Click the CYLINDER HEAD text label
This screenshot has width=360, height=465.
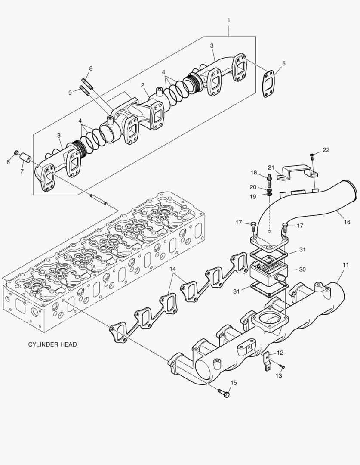[x=52, y=344]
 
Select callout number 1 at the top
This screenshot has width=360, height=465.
[x=229, y=20]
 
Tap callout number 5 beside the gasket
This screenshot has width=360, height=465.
[x=283, y=64]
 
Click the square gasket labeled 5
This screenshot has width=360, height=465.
[x=270, y=81]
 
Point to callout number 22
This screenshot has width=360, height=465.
[x=326, y=150]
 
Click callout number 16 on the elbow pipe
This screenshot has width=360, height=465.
[x=347, y=222]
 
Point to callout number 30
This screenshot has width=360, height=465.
[x=302, y=269]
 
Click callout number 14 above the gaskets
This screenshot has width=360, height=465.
[x=173, y=269]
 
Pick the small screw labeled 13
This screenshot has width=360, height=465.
[x=282, y=367]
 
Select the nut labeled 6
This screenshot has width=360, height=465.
[x=16, y=153]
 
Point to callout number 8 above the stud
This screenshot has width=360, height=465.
[x=90, y=68]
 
